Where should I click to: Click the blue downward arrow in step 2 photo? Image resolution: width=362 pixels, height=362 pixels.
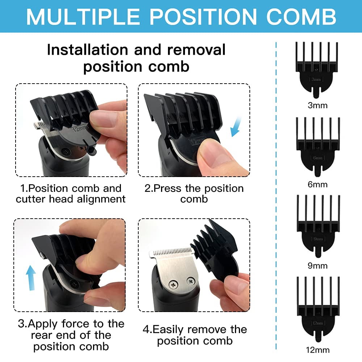(235, 127)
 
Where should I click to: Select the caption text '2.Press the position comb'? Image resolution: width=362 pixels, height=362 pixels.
(194, 194)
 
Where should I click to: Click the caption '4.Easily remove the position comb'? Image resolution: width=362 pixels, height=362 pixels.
(194, 335)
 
